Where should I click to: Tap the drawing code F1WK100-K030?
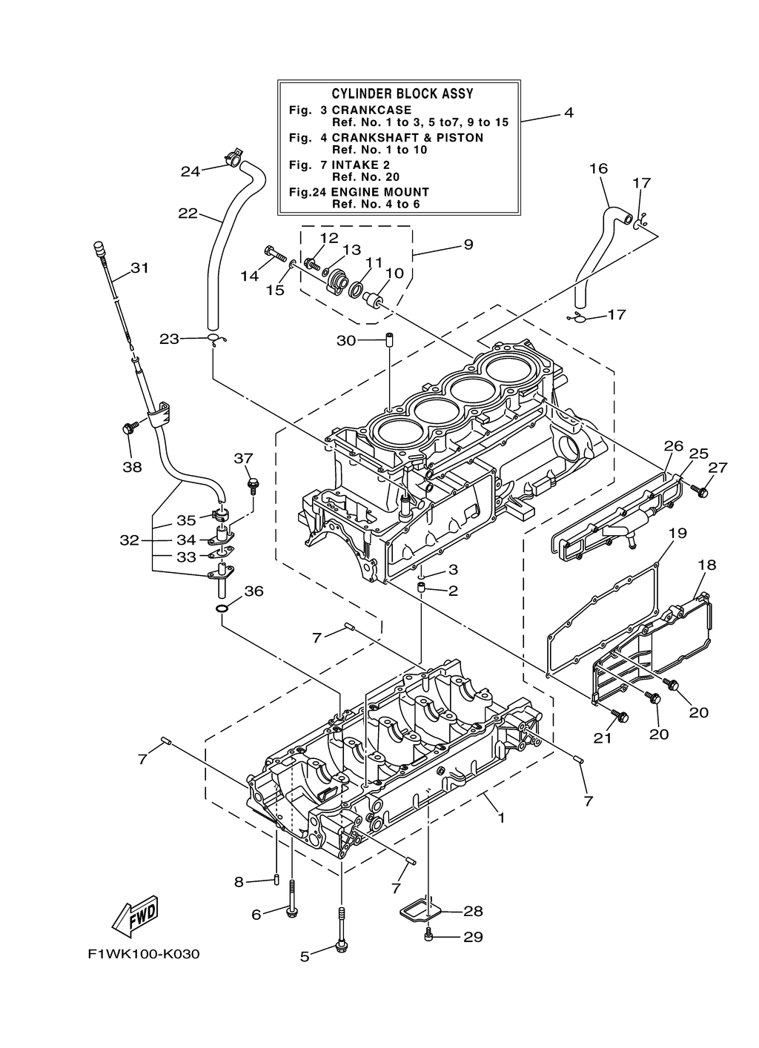click(x=144, y=953)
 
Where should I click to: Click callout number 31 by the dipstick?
click(x=140, y=268)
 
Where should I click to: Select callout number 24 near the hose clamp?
click(x=190, y=171)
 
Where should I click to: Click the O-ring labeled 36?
click(x=221, y=609)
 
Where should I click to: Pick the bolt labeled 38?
click(x=127, y=428)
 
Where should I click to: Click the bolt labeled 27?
click(x=700, y=491)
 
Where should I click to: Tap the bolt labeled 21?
click(x=620, y=716)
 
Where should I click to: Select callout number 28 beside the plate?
click(x=473, y=911)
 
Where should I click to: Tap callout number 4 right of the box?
click(x=569, y=113)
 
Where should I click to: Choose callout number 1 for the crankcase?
click(x=501, y=818)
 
